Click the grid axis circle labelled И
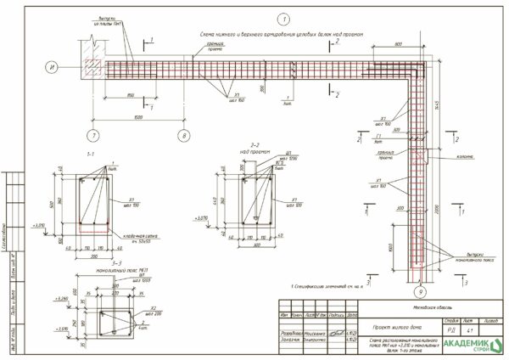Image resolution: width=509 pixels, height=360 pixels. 52,66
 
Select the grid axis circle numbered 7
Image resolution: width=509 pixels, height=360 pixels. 94,134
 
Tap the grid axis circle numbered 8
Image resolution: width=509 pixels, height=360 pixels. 184,134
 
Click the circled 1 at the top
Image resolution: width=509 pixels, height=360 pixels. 283,18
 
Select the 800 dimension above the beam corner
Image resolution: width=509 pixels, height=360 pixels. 399,44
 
